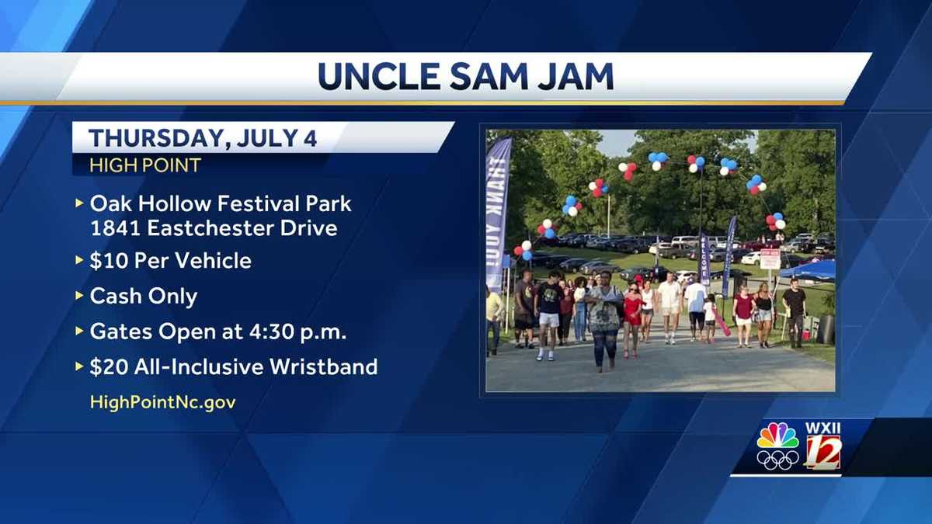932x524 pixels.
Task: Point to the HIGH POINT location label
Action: (x=145, y=165)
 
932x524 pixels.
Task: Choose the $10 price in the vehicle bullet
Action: (x=106, y=261)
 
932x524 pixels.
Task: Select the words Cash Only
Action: (x=144, y=297)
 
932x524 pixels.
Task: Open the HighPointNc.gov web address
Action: (x=162, y=402)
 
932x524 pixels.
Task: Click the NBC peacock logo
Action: (x=777, y=436)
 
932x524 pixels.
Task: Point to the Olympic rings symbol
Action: (x=777, y=460)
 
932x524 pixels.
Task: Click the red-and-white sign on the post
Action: (x=770, y=259)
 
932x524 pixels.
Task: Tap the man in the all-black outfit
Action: (x=794, y=311)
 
